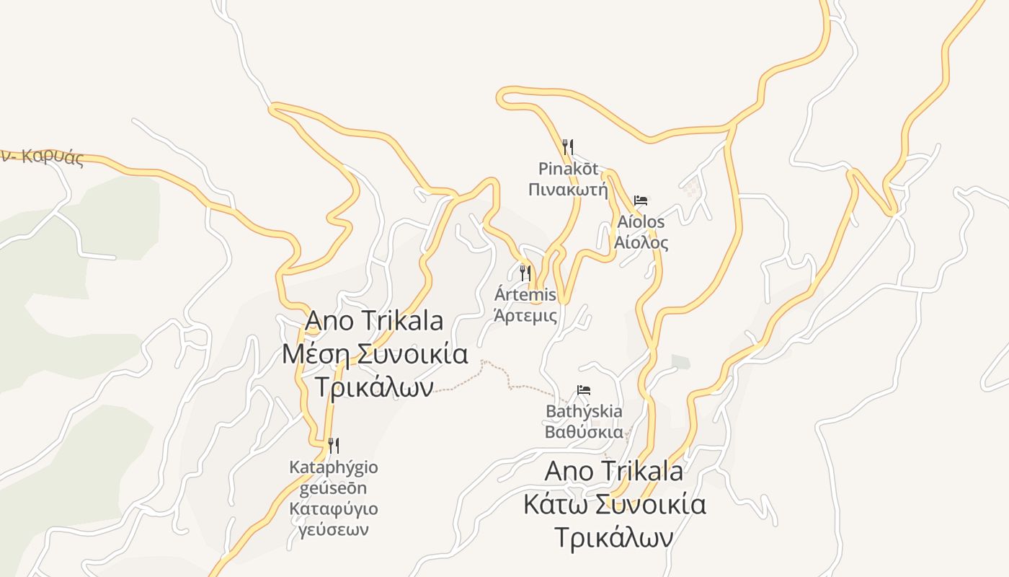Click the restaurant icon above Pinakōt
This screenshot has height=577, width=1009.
tap(568, 147)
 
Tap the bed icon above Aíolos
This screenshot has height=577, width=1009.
tap(641, 200)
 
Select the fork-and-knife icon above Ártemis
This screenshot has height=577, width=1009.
tap(525, 273)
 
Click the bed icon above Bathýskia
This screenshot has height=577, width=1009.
tap(584, 390)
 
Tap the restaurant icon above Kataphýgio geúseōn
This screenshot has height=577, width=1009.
tap(333, 445)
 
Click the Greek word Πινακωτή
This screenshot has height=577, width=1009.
tap(568, 190)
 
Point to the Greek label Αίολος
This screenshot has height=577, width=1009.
tap(641, 242)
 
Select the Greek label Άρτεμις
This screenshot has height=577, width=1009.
tap(525, 315)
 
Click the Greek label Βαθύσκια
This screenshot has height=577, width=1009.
tap(584, 432)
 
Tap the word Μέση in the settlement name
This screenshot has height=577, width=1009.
tap(315, 354)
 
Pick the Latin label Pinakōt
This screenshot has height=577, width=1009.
tap(568, 169)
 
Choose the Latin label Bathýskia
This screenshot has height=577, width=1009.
tap(584, 411)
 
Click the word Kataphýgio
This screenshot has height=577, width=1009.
tap(333, 467)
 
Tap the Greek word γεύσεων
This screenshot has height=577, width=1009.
tap(333, 529)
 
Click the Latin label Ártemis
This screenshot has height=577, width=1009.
tap(525, 294)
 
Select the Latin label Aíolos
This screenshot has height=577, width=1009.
tap(641, 221)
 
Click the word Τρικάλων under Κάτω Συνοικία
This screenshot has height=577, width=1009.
tap(614, 538)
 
